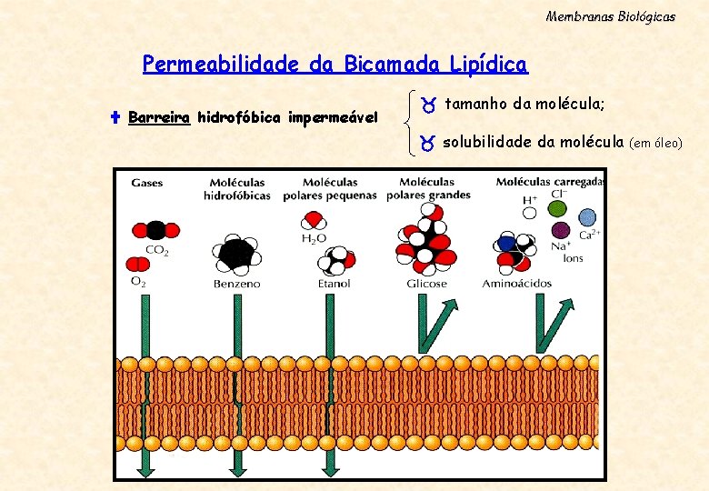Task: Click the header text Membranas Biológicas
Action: click(610, 16)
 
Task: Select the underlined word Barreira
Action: click(159, 117)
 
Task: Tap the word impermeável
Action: click(333, 117)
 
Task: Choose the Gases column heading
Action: click(147, 183)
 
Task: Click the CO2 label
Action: click(156, 249)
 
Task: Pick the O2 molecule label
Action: click(138, 283)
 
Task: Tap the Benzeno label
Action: click(236, 284)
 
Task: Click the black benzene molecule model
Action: click(236, 254)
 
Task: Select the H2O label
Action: click(313, 239)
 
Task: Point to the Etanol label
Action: click(334, 284)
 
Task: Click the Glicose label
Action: click(426, 284)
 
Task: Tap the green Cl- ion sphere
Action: click(557, 209)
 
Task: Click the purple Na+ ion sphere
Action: click(561, 230)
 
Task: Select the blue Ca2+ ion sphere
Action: click(587, 217)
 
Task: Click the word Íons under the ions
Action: click(573, 258)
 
